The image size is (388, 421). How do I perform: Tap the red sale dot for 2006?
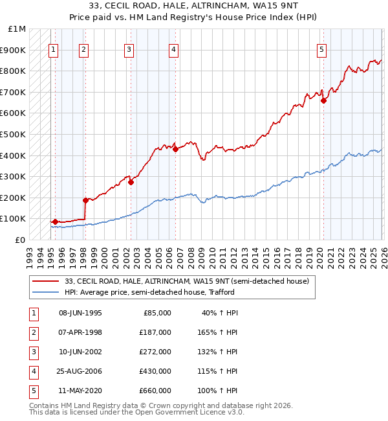(x=175, y=149)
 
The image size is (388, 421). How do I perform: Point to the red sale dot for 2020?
(x=323, y=100)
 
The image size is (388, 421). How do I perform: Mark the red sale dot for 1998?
(x=85, y=200)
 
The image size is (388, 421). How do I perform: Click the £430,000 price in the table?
(x=156, y=371)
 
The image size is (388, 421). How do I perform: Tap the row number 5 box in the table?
(x=32, y=391)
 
